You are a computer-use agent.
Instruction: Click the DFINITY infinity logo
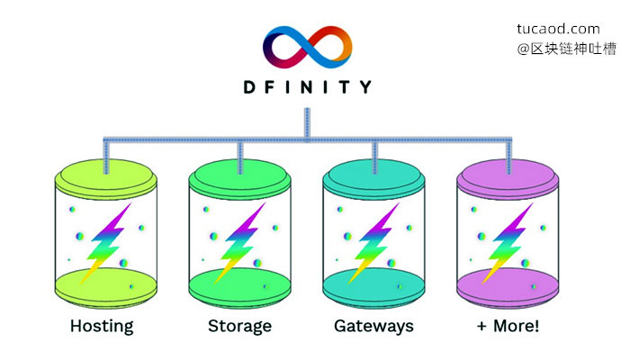click(308, 47)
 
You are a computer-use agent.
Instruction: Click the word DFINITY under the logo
click(308, 86)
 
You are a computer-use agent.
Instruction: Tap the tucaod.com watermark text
click(558, 29)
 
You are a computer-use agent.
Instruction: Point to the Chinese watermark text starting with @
click(566, 49)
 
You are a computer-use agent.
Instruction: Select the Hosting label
click(102, 326)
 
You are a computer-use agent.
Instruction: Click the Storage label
click(239, 326)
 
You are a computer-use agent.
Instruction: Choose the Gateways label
click(373, 326)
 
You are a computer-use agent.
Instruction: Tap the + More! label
click(508, 326)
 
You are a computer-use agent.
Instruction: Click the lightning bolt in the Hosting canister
click(105, 244)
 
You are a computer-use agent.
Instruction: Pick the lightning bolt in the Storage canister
click(239, 244)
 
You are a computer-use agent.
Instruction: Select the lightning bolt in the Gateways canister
click(373, 244)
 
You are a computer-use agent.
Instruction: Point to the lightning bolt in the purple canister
click(508, 244)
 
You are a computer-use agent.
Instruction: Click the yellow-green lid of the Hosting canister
click(105, 179)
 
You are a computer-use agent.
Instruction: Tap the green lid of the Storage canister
click(240, 179)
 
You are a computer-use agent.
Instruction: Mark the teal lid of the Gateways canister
click(373, 179)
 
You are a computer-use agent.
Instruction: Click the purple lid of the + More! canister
click(508, 179)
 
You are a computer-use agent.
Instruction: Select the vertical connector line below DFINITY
click(308, 124)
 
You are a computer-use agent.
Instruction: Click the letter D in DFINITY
click(250, 86)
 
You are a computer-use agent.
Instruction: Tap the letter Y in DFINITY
click(365, 86)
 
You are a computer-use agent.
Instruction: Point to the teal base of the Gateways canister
click(373, 288)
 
